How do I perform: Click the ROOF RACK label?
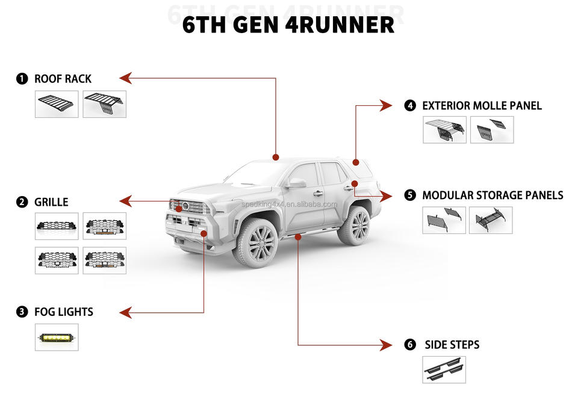click(63, 79)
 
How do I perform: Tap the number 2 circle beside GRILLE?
click(22, 202)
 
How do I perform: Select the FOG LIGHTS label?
click(63, 312)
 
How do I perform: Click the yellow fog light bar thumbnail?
click(57, 337)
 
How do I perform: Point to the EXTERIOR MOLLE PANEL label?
click(482, 106)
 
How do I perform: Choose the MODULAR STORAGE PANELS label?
click(493, 195)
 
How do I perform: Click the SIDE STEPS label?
click(452, 345)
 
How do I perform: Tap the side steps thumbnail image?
click(444, 369)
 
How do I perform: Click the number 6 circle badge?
click(410, 345)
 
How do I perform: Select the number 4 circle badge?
click(410, 106)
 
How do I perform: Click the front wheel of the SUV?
click(257, 242)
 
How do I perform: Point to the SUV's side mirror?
click(297, 183)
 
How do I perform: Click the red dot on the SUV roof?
click(276, 157)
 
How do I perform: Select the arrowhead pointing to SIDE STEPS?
click(388, 345)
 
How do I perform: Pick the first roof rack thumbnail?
click(57, 104)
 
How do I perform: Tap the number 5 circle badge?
click(410, 195)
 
